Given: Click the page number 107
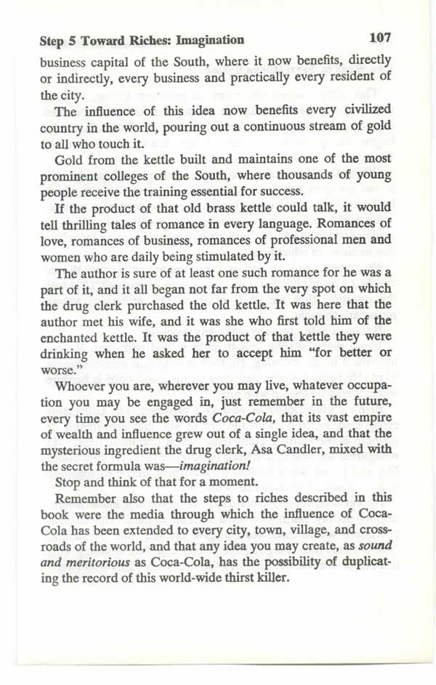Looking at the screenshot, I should click(x=380, y=36).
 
